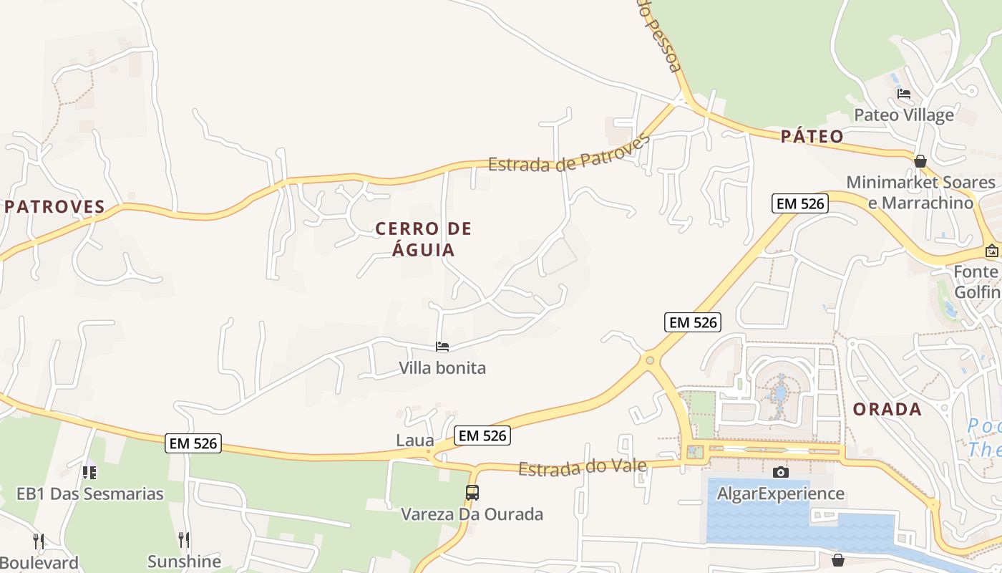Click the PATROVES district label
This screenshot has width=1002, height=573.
pos(55,207)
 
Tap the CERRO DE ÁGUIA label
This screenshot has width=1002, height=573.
pos(424,239)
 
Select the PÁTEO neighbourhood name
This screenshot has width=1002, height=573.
pos(812,136)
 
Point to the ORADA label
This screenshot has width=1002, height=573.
pos(887,410)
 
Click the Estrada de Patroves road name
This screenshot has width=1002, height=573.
pos(568,153)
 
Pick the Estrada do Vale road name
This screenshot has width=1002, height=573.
pos(583,468)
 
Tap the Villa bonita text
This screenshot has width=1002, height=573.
pos(442,368)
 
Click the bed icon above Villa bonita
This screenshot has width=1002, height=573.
pos(442,347)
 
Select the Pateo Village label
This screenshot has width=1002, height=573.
pos(904,115)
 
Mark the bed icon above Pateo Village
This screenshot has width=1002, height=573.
pos(904,94)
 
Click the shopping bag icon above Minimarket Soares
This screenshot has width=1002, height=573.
pos(920,162)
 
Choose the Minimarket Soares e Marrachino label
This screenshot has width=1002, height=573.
pos(920,193)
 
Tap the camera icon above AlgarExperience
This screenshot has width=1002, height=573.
pos(781,472)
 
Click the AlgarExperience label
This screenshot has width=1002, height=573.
pos(781,493)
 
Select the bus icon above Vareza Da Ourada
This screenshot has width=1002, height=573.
pos(472,493)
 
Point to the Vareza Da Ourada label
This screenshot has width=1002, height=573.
pos(472,514)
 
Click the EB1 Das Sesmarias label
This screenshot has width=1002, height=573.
pos(90,493)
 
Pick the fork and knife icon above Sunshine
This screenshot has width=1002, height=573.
pos(184,539)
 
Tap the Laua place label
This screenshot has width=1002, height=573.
pos(415,440)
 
